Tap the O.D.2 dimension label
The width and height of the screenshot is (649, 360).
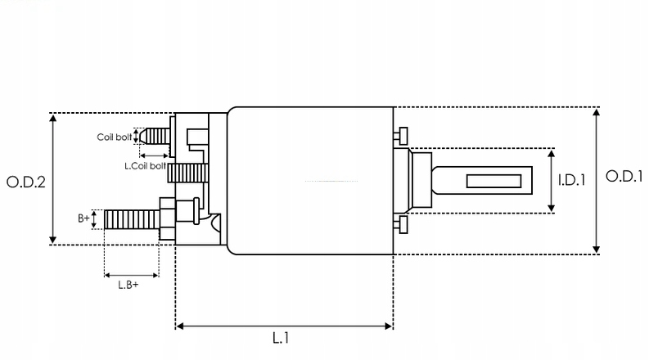pos(25,181)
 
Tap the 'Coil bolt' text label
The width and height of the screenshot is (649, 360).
pos(114,137)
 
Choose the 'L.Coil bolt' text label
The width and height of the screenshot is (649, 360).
pos(144,166)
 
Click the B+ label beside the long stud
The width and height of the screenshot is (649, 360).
pos(84,218)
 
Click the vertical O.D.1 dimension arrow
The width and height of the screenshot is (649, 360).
pos(596,180)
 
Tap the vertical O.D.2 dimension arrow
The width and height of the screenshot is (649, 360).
pos(54,179)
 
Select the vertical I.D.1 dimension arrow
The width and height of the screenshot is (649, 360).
pos(551,181)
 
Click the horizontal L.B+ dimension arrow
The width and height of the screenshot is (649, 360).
pos(132,275)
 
